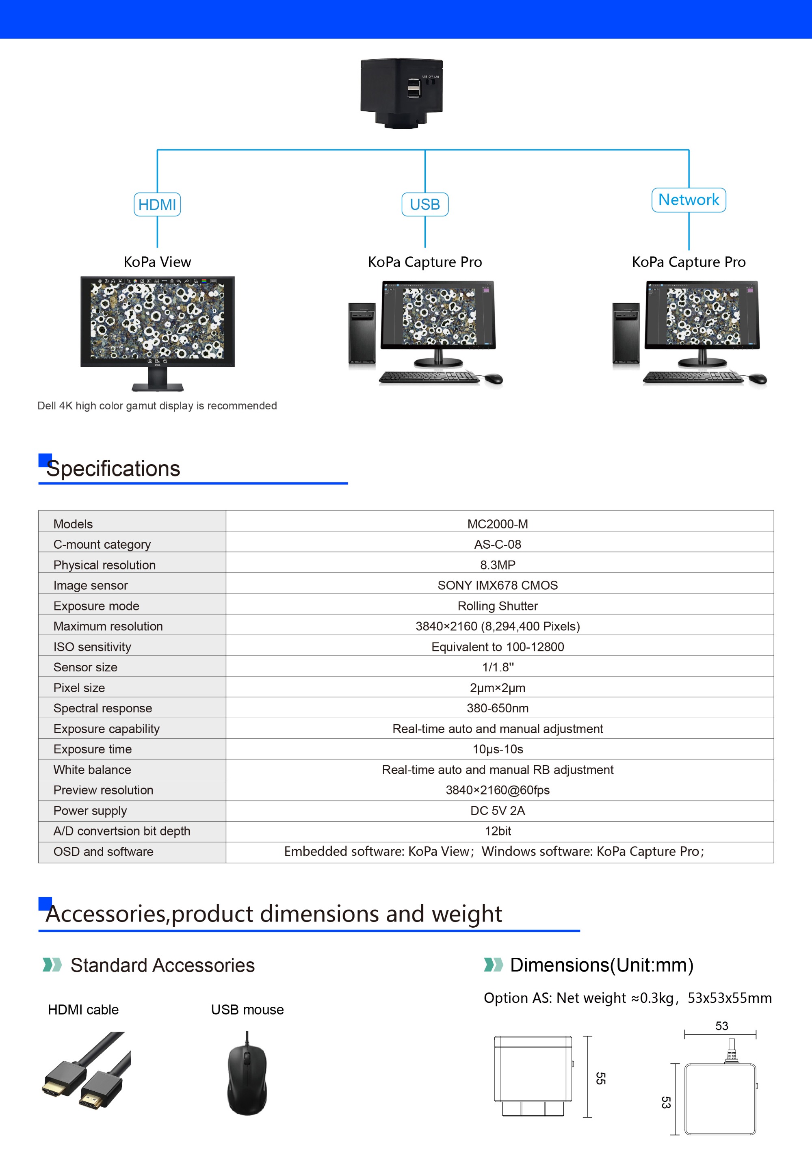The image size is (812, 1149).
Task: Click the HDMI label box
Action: click(x=157, y=204)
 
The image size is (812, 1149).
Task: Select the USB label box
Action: click(x=424, y=204)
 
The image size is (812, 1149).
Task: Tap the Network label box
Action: click(x=689, y=200)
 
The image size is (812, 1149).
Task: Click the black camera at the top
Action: click(x=401, y=92)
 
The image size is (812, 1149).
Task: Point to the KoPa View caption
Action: click(x=157, y=262)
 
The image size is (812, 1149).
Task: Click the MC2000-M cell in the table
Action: click(x=497, y=524)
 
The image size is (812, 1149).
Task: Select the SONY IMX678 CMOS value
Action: click(x=497, y=585)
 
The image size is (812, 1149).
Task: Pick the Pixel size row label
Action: click(x=79, y=688)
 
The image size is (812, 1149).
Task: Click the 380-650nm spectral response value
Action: click(x=497, y=708)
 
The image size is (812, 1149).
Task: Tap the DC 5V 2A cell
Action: click(x=497, y=810)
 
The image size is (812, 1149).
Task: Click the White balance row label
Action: click(x=92, y=770)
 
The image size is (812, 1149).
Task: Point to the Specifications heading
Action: click(x=113, y=468)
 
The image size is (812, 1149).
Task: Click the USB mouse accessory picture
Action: click(x=247, y=1073)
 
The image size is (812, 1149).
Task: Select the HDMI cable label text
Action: click(x=83, y=1009)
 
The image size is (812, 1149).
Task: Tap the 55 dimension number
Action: click(x=601, y=1078)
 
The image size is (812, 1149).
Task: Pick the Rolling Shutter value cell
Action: click(x=497, y=606)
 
